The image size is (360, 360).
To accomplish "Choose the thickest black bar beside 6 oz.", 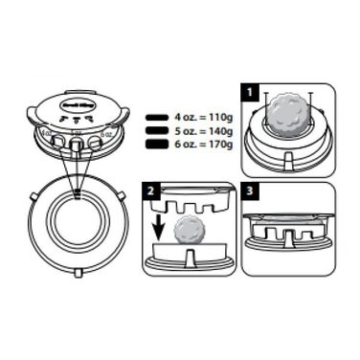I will point(157,144).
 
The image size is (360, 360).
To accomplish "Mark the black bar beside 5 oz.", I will point(157,131).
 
